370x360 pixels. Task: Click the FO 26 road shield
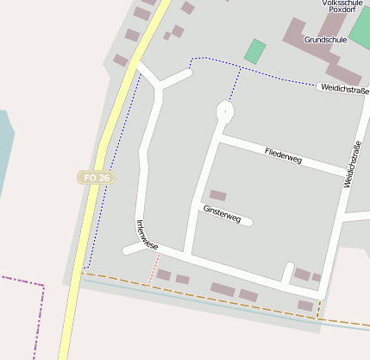tap(96, 177)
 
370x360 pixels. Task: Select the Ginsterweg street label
tap(221, 213)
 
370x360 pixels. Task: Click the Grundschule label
tap(326, 40)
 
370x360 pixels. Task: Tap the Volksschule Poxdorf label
tap(342, 5)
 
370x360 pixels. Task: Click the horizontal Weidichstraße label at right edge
tap(343, 89)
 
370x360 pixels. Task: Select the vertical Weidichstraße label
tap(352, 164)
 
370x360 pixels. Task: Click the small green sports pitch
tap(254, 51)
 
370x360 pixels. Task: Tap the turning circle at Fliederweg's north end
tap(225, 111)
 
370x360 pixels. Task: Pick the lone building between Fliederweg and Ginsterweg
tap(218, 196)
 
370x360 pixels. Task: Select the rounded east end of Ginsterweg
tap(249, 223)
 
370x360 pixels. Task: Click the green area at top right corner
tap(361, 30)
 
